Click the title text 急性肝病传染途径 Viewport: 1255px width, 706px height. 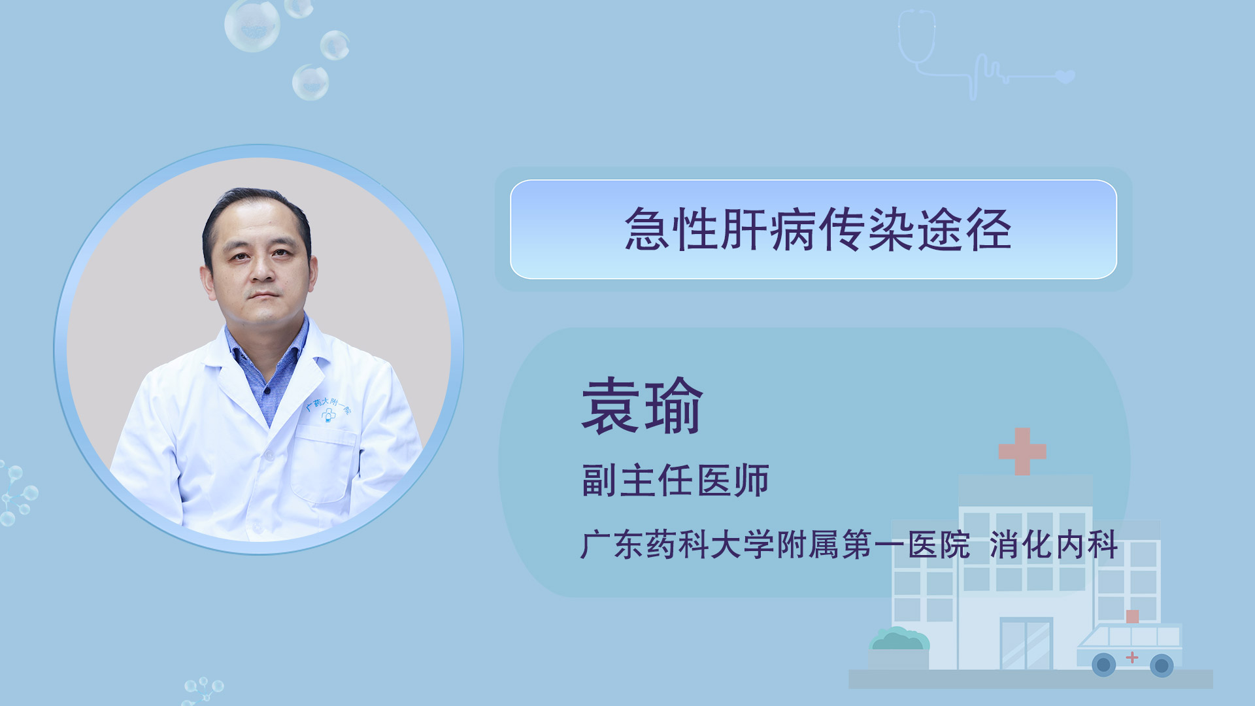coord(818,229)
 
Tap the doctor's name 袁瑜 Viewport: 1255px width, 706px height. coord(642,406)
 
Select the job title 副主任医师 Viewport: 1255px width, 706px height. coord(675,480)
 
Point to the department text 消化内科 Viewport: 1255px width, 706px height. coord(1053,545)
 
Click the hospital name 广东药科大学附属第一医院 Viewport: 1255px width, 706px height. coord(775,545)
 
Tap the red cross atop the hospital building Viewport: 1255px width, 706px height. coord(1022,451)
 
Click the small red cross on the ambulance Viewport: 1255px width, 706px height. coord(1131,657)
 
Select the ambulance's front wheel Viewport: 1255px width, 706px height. coord(1104,665)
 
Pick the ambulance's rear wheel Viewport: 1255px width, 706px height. coord(1162,665)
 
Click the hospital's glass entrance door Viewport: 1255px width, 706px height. coord(1026,644)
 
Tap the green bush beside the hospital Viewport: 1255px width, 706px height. coord(899,639)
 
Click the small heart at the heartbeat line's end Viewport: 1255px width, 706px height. coord(1065,76)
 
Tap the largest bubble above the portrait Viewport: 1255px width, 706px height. coord(252,25)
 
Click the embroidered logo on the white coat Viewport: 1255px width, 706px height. coord(328,409)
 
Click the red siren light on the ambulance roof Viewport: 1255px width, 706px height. coord(1132,616)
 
